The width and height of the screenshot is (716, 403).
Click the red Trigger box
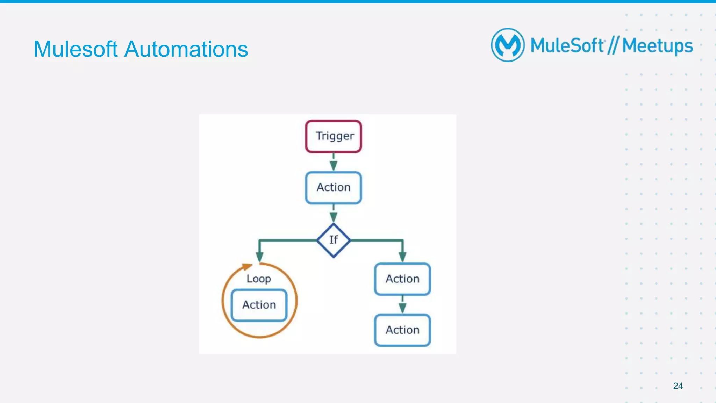coord(333,136)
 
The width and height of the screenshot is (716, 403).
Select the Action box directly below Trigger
coord(333,188)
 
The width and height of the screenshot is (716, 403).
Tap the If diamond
coord(333,240)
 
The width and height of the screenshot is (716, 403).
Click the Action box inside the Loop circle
coord(259,305)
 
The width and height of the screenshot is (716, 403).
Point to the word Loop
coord(259,279)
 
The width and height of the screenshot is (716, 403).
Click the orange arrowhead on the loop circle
coord(247,267)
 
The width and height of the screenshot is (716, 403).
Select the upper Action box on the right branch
coord(402,279)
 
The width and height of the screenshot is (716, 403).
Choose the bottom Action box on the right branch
coord(402,330)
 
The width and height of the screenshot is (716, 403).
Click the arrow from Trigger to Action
coord(334,163)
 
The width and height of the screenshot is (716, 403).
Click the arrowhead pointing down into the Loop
coord(259,257)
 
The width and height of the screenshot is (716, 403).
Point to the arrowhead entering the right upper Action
coord(402,257)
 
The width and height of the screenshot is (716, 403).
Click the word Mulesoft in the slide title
coord(76,49)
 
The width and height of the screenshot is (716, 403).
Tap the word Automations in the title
coord(186,49)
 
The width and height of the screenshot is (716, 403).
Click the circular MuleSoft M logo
coord(508,45)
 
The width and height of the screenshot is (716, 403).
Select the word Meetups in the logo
coord(657,46)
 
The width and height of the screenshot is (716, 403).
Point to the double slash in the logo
coord(613,45)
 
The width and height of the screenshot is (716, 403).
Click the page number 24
coord(678,386)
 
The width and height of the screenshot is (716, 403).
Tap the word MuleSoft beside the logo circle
coord(567,45)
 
